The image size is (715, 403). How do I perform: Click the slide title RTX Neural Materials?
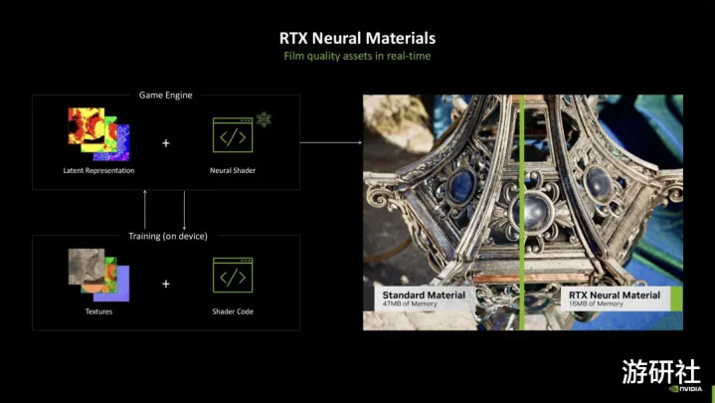tap(357, 39)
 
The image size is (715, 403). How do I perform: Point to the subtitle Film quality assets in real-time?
tap(357, 56)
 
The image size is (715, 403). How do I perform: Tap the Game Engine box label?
tap(165, 95)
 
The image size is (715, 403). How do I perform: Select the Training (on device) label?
tap(168, 236)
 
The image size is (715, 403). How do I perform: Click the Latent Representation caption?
tap(98, 170)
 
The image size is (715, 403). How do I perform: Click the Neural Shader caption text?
tap(233, 170)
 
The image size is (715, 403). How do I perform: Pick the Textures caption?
tap(98, 311)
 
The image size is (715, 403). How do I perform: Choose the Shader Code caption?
tap(233, 311)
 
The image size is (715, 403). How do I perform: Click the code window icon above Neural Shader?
tap(233, 135)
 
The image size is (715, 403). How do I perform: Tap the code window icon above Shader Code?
tap(233, 276)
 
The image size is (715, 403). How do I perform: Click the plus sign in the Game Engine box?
tap(166, 143)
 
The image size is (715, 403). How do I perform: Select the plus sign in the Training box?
tap(166, 284)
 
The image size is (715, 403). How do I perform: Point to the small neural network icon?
tap(264, 119)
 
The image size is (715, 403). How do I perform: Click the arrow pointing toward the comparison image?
tap(331, 142)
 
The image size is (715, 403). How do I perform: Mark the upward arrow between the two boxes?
tap(145, 210)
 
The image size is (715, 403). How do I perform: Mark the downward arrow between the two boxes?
tap(184, 210)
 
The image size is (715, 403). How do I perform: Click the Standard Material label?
tap(424, 296)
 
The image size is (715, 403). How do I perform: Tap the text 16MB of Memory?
tap(596, 303)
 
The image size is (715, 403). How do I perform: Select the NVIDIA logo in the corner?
tap(686, 389)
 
